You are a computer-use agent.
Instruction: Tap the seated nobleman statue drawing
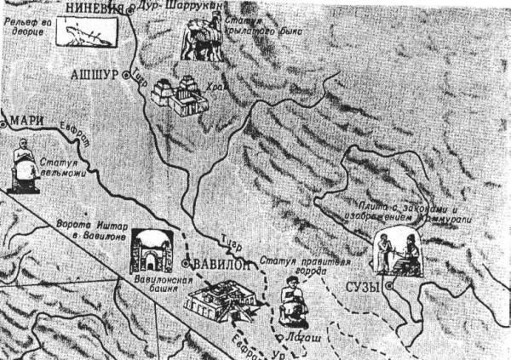[x=22, y=166]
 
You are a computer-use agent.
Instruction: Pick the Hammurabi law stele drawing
[x=396, y=251]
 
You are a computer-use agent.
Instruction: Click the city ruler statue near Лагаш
[x=292, y=302]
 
